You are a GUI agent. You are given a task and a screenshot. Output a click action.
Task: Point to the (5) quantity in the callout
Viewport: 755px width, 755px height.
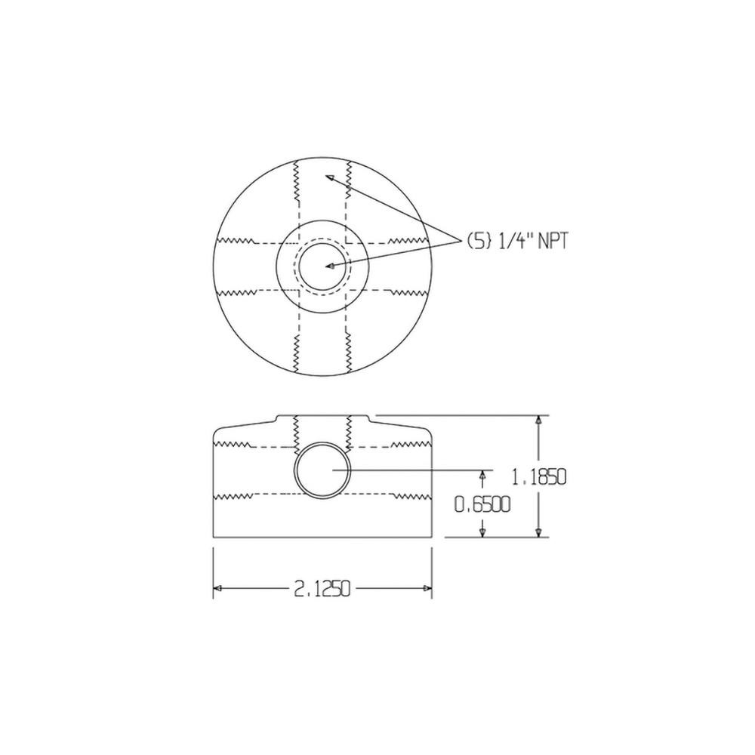click(x=477, y=242)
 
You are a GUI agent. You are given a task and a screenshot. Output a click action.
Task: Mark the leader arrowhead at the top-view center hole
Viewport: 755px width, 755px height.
click(x=329, y=266)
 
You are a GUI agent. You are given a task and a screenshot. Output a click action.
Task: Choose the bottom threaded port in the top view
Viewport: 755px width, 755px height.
click(x=322, y=351)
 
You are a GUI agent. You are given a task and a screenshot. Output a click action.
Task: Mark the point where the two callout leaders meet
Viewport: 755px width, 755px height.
click(x=461, y=241)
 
